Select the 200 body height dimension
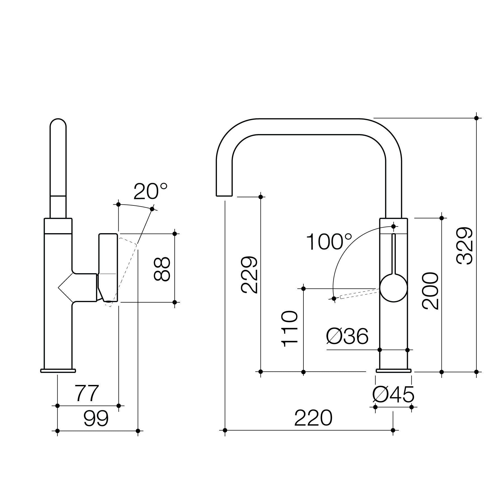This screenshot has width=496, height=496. (x=430, y=291)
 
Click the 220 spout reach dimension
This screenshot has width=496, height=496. (x=313, y=418)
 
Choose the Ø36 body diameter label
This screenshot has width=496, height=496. (x=347, y=336)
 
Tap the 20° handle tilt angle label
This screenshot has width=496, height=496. (x=150, y=192)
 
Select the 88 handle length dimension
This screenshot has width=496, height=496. (x=162, y=269)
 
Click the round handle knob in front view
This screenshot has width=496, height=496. (x=394, y=288)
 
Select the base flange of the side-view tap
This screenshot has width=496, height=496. (x=58, y=371)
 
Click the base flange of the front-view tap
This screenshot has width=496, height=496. (x=394, y=371)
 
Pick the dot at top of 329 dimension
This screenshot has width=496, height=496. (x=476, y=118)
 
